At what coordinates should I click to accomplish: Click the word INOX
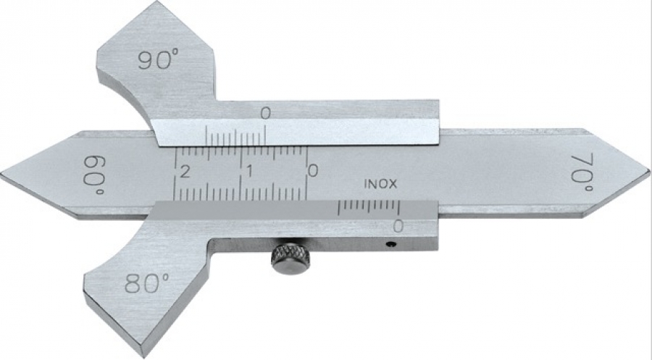pos(380,184)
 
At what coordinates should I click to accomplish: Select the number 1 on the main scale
pos(249,171)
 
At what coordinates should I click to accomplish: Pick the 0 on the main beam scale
pos(313,170)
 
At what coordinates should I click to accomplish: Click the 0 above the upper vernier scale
pos(265,113)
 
